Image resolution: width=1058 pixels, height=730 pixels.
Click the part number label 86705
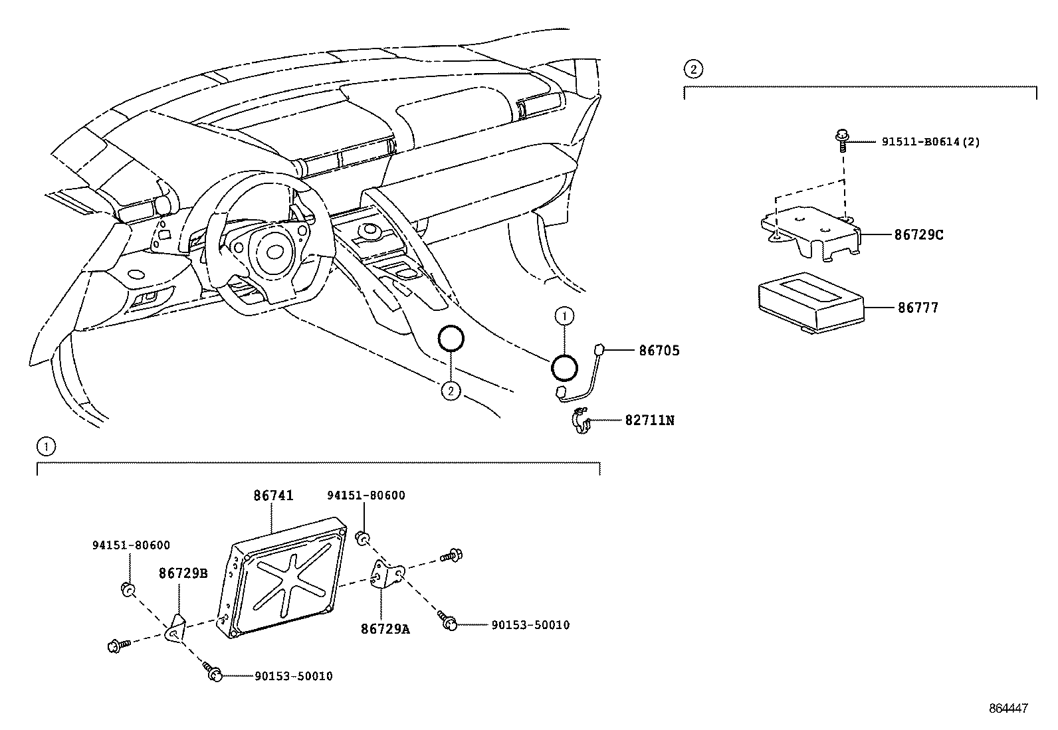(x=659, y=351)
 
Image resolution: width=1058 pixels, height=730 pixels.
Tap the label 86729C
(x=918, y=234)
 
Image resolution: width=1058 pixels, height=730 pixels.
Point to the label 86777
(x=918, y=308)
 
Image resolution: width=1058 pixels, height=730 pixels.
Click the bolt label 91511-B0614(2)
(x=930, y=141)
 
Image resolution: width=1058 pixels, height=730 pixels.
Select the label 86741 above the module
(x=273, y=496)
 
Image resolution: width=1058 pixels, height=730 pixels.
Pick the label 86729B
(x=183, y=574)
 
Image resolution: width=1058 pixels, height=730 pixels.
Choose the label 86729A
(x=385, y=628)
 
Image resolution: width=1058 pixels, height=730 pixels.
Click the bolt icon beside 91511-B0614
(x=841, y=140)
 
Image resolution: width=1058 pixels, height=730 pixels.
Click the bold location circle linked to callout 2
(x=451, y=339)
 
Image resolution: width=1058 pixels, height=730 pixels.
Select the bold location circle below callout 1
(x=564, y=367)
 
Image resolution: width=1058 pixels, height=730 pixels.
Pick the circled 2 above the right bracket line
(x=692, y=68)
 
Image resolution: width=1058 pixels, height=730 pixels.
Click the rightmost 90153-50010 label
(x=530, y=625)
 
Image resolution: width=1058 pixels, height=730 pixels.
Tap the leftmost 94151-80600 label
(x=131, y=545)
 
